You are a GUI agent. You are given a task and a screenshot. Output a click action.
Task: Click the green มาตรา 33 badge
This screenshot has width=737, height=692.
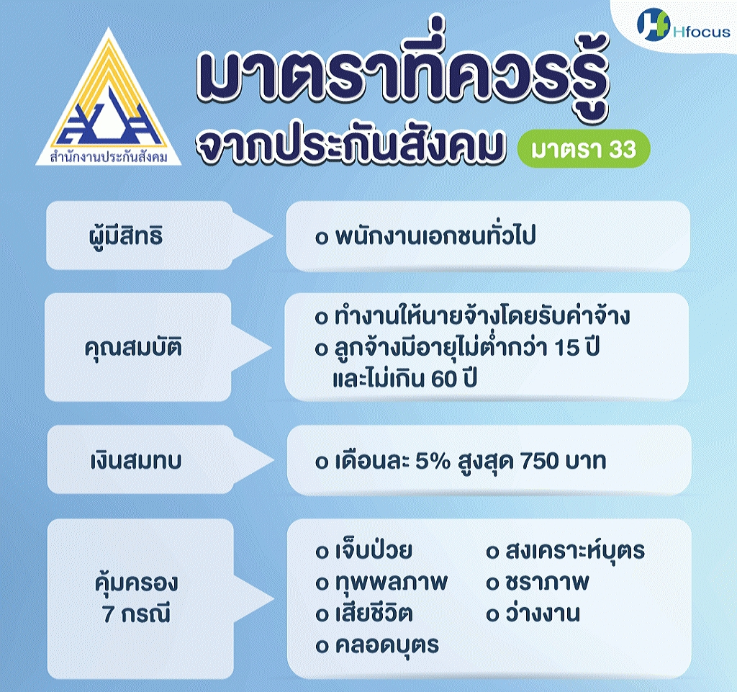584,149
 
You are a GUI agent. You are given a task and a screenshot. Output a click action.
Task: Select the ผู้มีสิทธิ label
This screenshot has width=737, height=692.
125,235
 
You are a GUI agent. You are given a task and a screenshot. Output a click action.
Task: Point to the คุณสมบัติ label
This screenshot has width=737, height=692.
133,347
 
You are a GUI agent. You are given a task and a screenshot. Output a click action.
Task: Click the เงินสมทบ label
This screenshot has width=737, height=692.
136,461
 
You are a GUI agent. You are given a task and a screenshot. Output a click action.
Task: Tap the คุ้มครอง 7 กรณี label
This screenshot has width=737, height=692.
136,598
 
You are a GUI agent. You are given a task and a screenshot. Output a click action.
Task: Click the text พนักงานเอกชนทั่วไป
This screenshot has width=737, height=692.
435,235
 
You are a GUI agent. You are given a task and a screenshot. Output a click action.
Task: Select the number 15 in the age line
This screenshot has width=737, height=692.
566,348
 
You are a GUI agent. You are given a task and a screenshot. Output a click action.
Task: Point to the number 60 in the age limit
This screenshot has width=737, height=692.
443,379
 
